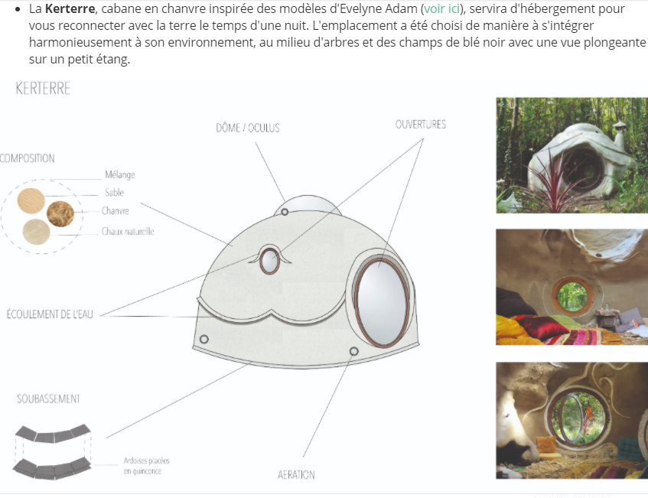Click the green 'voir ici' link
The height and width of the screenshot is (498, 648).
click(441, 8)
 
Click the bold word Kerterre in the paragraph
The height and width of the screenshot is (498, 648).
click(70, 8)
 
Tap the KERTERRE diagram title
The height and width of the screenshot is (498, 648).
click(43, 89)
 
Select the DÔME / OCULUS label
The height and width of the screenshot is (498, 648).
click(248, 128)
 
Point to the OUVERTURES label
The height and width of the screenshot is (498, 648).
click(421, 125)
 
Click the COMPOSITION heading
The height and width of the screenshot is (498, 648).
click(27, 158)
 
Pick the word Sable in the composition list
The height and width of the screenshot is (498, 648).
click(115, 193)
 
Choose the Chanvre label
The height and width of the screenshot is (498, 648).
click(116, 211)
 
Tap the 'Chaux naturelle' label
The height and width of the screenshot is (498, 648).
click(128, 231)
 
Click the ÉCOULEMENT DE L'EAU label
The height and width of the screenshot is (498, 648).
click(50, 314)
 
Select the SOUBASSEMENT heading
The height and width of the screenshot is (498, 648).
click(48, 399)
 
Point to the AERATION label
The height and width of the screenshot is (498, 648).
click(296, 475)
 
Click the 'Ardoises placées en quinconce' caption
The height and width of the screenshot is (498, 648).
click(146, 466)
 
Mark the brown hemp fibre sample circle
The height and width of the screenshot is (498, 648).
click(60, 214)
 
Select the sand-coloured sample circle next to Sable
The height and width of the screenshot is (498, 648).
click(31, 201)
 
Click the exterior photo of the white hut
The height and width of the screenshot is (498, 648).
click(572, 155)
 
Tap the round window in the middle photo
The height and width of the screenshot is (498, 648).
click(573, 295)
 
